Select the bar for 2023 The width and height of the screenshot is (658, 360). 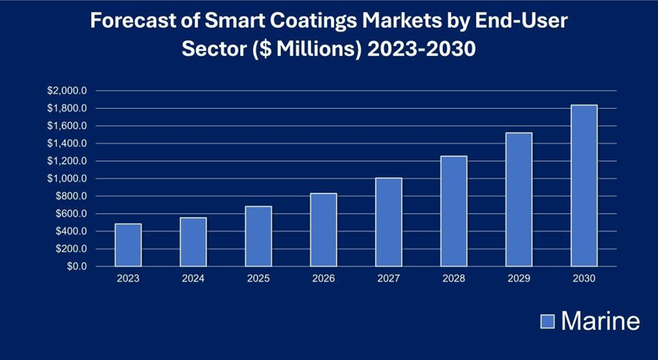click(128, 245)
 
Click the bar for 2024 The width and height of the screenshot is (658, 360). click(193, 242)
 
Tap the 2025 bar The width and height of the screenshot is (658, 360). click(259, 237)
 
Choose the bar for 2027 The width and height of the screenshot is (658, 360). click(389, 222)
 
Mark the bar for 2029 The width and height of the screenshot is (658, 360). click(519, 200)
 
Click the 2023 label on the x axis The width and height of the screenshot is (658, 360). click(128, 279)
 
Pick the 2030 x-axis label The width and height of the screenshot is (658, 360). click(584, 279)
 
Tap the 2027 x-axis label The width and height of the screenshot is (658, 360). click(389, 279)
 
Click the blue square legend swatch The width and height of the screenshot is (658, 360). click(548, 321)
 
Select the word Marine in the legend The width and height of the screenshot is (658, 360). click(600, 321)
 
